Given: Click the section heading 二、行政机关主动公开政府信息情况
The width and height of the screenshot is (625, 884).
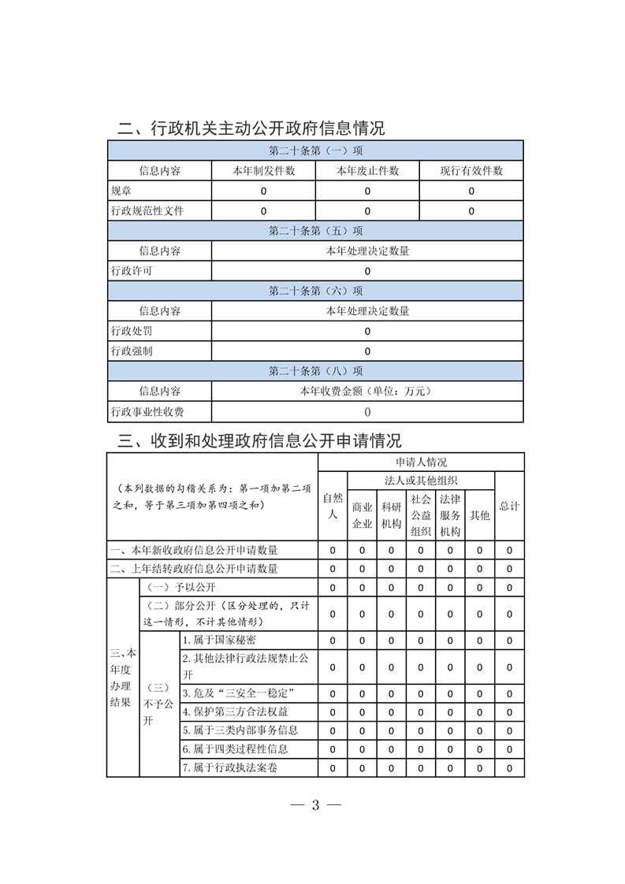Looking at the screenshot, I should point(251,128).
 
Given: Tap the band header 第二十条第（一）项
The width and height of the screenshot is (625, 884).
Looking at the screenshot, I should point(315,150).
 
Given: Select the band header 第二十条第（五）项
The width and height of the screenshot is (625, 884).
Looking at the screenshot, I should point(315,231).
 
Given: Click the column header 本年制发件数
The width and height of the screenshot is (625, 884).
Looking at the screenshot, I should point(263,170).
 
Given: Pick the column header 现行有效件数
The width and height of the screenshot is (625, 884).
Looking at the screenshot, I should point(471,170).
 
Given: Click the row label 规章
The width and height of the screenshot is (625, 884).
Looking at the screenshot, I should point(121,191).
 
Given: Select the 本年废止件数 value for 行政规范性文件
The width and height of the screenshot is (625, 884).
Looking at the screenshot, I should point(367,211).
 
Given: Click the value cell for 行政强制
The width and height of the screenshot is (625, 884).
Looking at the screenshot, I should point(367,351).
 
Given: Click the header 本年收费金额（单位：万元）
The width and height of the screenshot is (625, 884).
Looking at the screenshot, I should point(367,391).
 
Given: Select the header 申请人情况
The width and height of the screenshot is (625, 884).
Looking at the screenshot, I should point(421,462).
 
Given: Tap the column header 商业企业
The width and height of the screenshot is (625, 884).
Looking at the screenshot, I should point(362,515).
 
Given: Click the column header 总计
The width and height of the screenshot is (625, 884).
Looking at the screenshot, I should point(509,506).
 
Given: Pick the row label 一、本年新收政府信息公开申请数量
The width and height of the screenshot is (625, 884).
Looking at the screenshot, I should point(194,550).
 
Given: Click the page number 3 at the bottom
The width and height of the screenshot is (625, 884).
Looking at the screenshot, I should point(314,805).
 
